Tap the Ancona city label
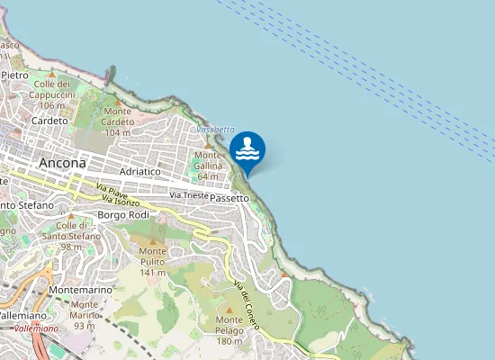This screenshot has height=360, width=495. click(x=63, y=163)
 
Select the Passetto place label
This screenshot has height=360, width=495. click(x=231, y=196)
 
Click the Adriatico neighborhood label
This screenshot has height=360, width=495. click(x=139, y=170)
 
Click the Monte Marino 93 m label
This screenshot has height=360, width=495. click(x=84, y=315)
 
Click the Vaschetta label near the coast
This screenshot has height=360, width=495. click(x=215, y=130)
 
